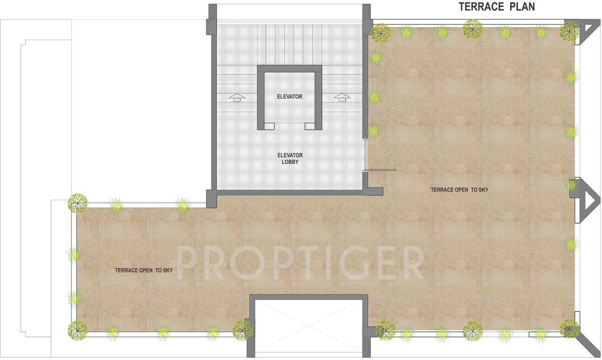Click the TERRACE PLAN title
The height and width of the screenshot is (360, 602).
click(x=497, y=7)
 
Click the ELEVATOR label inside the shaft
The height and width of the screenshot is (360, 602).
click(x=289, y=97)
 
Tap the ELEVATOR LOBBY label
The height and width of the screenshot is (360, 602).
click(x=290, y=158)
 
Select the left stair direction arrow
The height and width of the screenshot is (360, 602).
click(x=237, y=97)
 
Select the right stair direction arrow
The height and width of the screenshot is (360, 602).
click(x=342, y=97)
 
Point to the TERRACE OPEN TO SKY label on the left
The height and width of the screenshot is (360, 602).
click(x=144, y=270)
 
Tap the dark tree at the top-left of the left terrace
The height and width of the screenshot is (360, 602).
click(x=77, y=203)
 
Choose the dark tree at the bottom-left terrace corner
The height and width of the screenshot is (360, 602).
click(x=77, y=330)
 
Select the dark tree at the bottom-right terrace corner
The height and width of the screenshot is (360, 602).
click(x=569, y=328)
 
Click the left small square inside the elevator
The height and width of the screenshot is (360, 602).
click(x=269, y=126)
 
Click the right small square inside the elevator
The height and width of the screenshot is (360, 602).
click(x=309, y=126)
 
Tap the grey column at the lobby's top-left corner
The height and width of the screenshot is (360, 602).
click(x=212, y=19)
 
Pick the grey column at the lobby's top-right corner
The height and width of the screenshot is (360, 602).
click(x=367, y=19)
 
